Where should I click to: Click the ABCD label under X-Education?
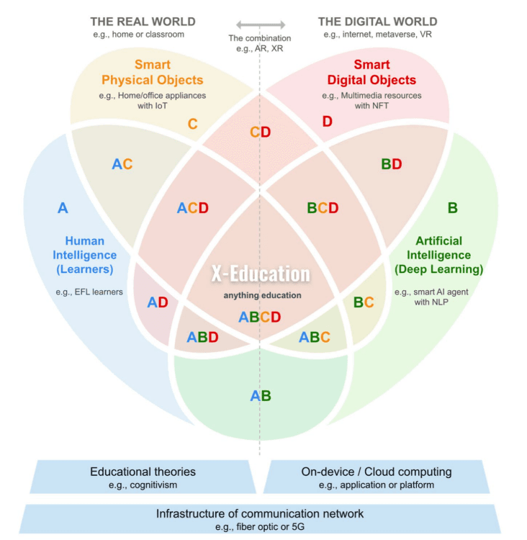coord(260,317)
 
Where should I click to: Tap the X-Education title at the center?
coord(260,274)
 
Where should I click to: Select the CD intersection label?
coord(260,132)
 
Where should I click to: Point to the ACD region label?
coord(193,208)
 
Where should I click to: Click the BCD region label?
coord(323,208)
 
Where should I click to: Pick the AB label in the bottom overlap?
coord(260,395)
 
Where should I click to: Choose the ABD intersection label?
coord(202,337)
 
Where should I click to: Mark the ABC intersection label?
coord(315,337)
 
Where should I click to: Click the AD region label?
coord(158,302)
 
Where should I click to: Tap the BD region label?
coord(392,164)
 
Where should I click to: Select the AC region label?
coord(122,164)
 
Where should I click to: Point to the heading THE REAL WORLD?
coord(143,22)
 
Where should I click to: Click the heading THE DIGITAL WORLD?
coord(377,22)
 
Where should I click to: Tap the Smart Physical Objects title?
coord(152,72)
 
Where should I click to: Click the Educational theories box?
coord(143,477)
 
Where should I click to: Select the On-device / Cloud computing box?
coord(376,477)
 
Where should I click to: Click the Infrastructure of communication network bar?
coord(260,518)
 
